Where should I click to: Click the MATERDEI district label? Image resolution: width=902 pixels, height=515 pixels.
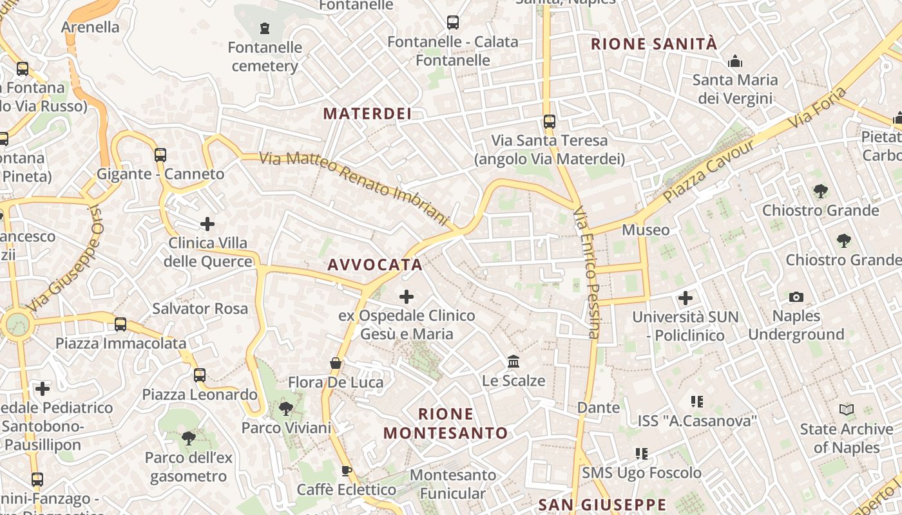(x=367, y=114)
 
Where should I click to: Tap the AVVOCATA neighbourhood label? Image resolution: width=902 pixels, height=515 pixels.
(x=375, y=265)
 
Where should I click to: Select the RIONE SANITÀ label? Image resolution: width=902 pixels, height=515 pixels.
(x=653, y=44)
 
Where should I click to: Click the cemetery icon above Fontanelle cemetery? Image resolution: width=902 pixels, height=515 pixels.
(x=264, y=28)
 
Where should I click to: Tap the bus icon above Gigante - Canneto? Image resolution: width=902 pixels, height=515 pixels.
(x=160, y=154)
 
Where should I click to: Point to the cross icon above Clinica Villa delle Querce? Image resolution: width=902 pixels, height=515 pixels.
(x=207, y=224)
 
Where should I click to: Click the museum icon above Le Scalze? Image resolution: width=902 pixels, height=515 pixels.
(x=513, y=361)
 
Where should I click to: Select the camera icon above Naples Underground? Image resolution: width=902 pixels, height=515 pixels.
(x=796, y=297)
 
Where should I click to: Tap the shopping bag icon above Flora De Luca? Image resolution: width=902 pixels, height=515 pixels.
(x=336, y=363)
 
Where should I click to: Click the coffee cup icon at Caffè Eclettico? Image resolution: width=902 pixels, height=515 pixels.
(x=346, y=471)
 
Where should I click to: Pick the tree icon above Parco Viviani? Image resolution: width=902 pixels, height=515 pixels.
(x=285, y=408)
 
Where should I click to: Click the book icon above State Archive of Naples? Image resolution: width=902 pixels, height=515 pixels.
(x=847, y=409)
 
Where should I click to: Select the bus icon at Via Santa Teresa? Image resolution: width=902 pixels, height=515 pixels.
(x=549, y=121)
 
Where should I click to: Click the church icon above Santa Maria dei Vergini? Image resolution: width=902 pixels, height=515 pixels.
(x=734, y=62)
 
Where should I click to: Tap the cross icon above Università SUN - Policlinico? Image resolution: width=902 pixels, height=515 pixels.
(x=686, y=298)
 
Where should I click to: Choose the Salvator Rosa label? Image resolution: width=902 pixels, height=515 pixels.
(x=200, y=308)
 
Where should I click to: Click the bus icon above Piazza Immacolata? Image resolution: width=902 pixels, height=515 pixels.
(x=120, y=324)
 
